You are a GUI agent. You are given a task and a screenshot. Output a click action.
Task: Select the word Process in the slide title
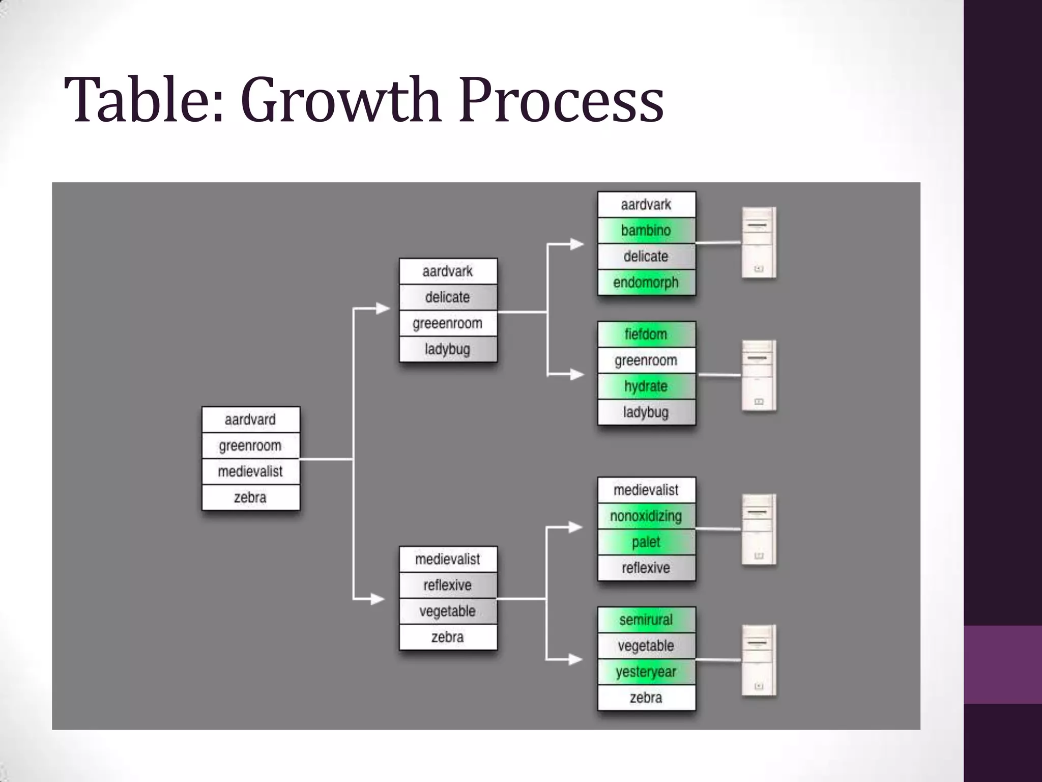coord(561,100)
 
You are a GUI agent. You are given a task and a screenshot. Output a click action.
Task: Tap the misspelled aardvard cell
coord(250,420)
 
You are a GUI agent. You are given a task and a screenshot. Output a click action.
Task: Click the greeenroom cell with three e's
coord(448,323)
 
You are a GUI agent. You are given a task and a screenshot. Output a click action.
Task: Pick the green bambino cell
coord(646,231)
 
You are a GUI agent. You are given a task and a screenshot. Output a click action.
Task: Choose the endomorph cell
coord(646,283)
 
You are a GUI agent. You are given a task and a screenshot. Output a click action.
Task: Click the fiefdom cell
coord(646,334)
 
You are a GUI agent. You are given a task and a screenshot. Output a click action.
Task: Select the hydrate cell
coord(646,386)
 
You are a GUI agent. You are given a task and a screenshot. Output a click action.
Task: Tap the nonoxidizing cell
coord(646,516)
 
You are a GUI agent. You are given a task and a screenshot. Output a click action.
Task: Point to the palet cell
coord(646,542)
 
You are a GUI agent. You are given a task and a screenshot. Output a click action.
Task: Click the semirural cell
coord(646,620)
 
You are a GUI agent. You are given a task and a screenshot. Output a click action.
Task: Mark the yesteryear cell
coord(646,672)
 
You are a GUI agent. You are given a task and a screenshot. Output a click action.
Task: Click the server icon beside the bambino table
coord(759,243)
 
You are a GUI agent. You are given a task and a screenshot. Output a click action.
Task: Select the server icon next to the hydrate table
coord(759,375)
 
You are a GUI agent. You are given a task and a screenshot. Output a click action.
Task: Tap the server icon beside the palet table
coord(759,529)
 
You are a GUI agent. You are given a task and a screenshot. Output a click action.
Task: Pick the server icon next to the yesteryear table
coord(759,660)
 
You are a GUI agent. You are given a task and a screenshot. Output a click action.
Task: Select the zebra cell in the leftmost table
coord(250,497)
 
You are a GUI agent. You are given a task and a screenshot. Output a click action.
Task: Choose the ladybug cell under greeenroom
coord(448,349)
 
